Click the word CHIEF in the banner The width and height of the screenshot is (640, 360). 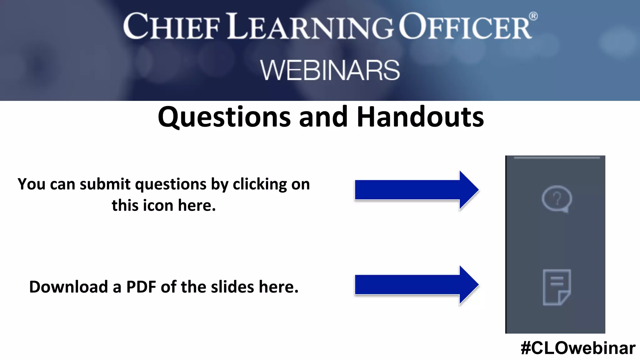[172, 27]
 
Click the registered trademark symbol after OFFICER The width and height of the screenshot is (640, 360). [533, 16]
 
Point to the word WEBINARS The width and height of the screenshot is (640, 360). [330, 70]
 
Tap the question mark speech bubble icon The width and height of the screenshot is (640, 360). [557, 199]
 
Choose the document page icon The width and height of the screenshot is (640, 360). [557, 287]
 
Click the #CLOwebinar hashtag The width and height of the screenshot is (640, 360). [578, 348]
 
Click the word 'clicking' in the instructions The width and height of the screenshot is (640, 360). [260, 184]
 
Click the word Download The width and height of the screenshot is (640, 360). [68, 287]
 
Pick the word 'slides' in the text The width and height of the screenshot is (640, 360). [232, 287]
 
